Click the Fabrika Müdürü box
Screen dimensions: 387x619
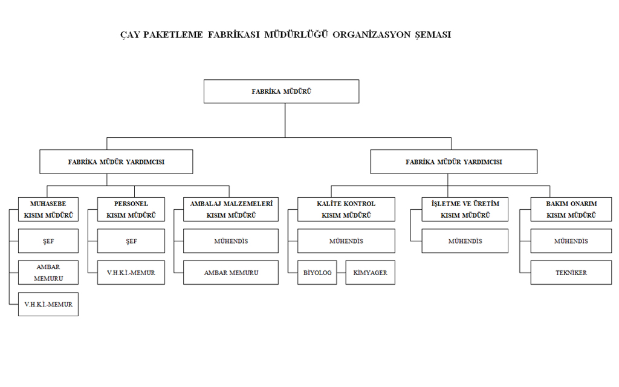pyautogui.click(x=281, y=91)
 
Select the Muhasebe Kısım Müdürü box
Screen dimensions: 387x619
pyautogui.click(x=48, y=209)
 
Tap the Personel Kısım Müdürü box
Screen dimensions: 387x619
pyautogui.click(x=131, y=209)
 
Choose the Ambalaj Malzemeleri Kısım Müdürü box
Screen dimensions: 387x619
pyautogui.click(x=231, y=209)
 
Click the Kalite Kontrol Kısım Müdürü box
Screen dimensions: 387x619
pyautogui.click(x=346, y=209)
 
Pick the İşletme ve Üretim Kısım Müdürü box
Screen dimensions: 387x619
pyautogui.click(x=465, y=209)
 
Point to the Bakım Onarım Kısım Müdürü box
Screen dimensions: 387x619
pyautogui.click(x=571, y=209)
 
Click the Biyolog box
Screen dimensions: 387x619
pyautogui.click(x=317, y=273)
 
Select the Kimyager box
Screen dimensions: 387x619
pyautogui.click(x=370, y=273)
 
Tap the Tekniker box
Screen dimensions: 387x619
pyautogui.click(x=571, y=273)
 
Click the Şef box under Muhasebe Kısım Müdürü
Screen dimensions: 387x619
pyautogui.click(x=48, y=241)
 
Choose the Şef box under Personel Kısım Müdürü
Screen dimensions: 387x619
pyautogui.click(x=131, y=241)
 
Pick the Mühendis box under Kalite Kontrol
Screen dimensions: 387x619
pyautogui.click(x=346, y=241)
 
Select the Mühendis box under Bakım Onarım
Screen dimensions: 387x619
pyautogui.click(x=571, y=241)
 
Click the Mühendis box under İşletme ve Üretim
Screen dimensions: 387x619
pyautogui.click(x=465, y=241)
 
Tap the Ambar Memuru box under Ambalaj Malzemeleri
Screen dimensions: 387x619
pyautogui.click(x=231, y=273)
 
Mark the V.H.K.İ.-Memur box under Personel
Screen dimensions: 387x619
pyautogui.click(x=131, y=273)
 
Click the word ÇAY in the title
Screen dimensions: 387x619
pyautogui.click(x=131, y=34)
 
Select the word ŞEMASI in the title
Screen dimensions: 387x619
pyautogui.click(x=432, y=34)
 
